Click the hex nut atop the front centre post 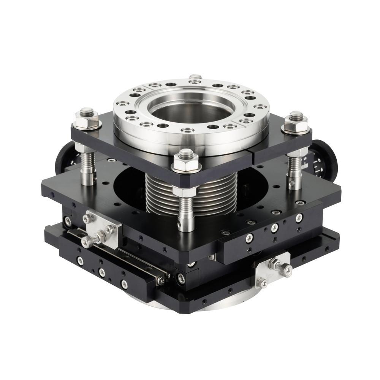186,162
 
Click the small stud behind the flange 195,77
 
